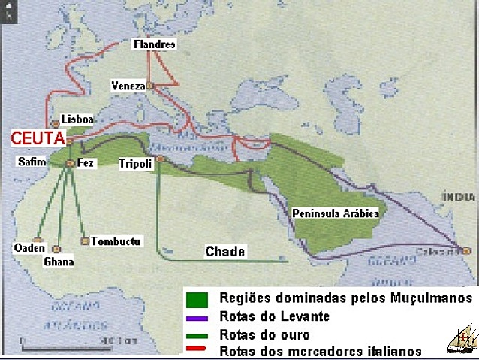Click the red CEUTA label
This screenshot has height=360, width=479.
(x=38, y=138)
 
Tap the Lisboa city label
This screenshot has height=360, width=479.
(x=78, y=119)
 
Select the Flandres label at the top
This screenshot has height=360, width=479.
(x=155, y=44)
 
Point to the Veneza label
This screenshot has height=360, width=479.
(x=127, y=86)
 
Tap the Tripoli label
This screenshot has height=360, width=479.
(x=135, y=164)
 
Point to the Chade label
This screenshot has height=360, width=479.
(x=225, y=252)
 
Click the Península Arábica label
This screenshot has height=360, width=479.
(x=335, y=213)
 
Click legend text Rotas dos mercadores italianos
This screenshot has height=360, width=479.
(x=321, y=351)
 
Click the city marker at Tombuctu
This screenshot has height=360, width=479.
(x=84, y=241)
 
